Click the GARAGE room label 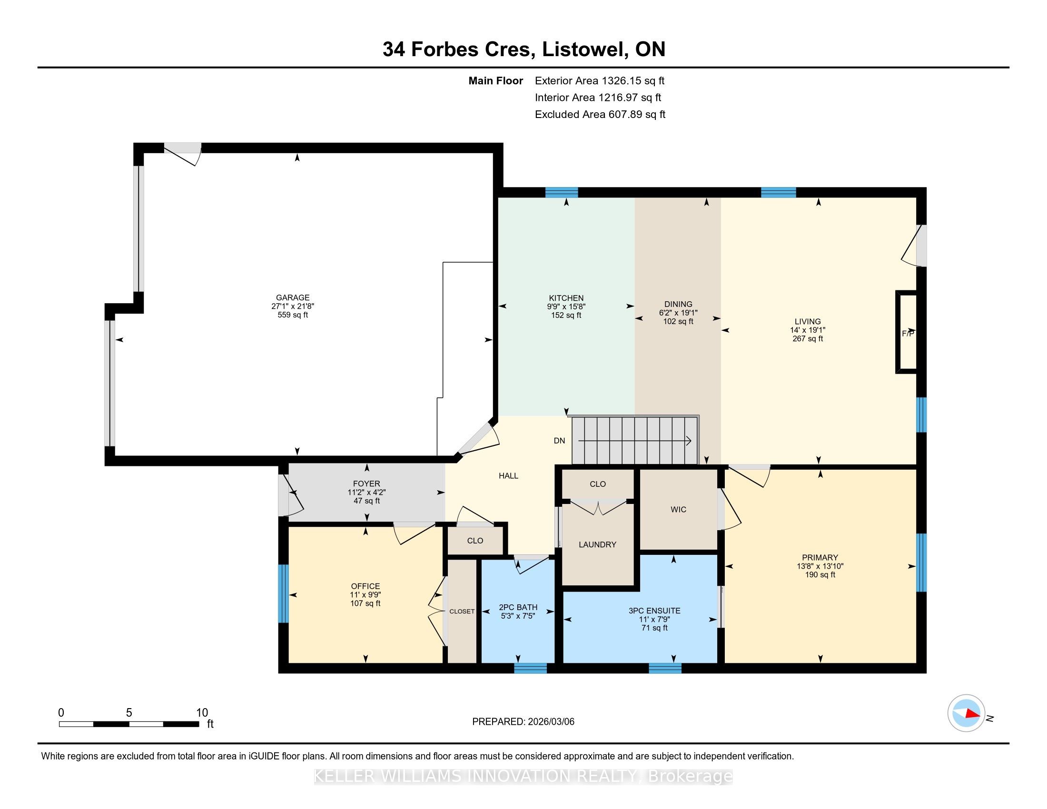click(x=292, y=297)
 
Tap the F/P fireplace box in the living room click(x=907, y=332)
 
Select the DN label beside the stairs click(x=560, y=441)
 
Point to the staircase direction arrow click(x=635, y=441)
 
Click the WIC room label click(x=678, y=510)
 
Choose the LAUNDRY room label click(x=597, y=544)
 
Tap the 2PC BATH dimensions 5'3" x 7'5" click(x=518, y=616)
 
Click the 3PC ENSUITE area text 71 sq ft click(x=654, y=628)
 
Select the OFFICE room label click(x=365, y=586)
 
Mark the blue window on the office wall click(x=284, y=593)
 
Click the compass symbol click(x=966, y=713)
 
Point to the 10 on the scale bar click(x=202, y=712)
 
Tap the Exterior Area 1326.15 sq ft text click(x=600, y=80)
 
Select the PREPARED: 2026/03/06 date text click(x=523, y=721)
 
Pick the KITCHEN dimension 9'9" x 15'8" click(x=566, y=307)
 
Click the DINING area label click(x=678, y=304)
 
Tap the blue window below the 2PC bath click(x=530, y=668)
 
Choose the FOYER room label click(x=366, y=484)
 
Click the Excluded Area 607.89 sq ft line click(x=600, y=114)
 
